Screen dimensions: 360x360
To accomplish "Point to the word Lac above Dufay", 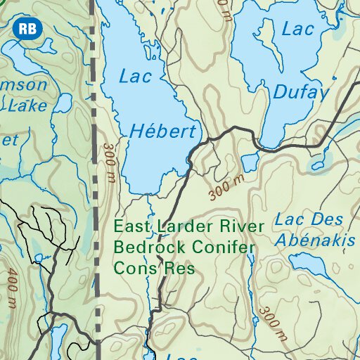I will pos(297,30).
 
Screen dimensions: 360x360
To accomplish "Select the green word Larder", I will pos(187,226).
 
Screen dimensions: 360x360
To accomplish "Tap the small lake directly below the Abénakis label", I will pos(310,264).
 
